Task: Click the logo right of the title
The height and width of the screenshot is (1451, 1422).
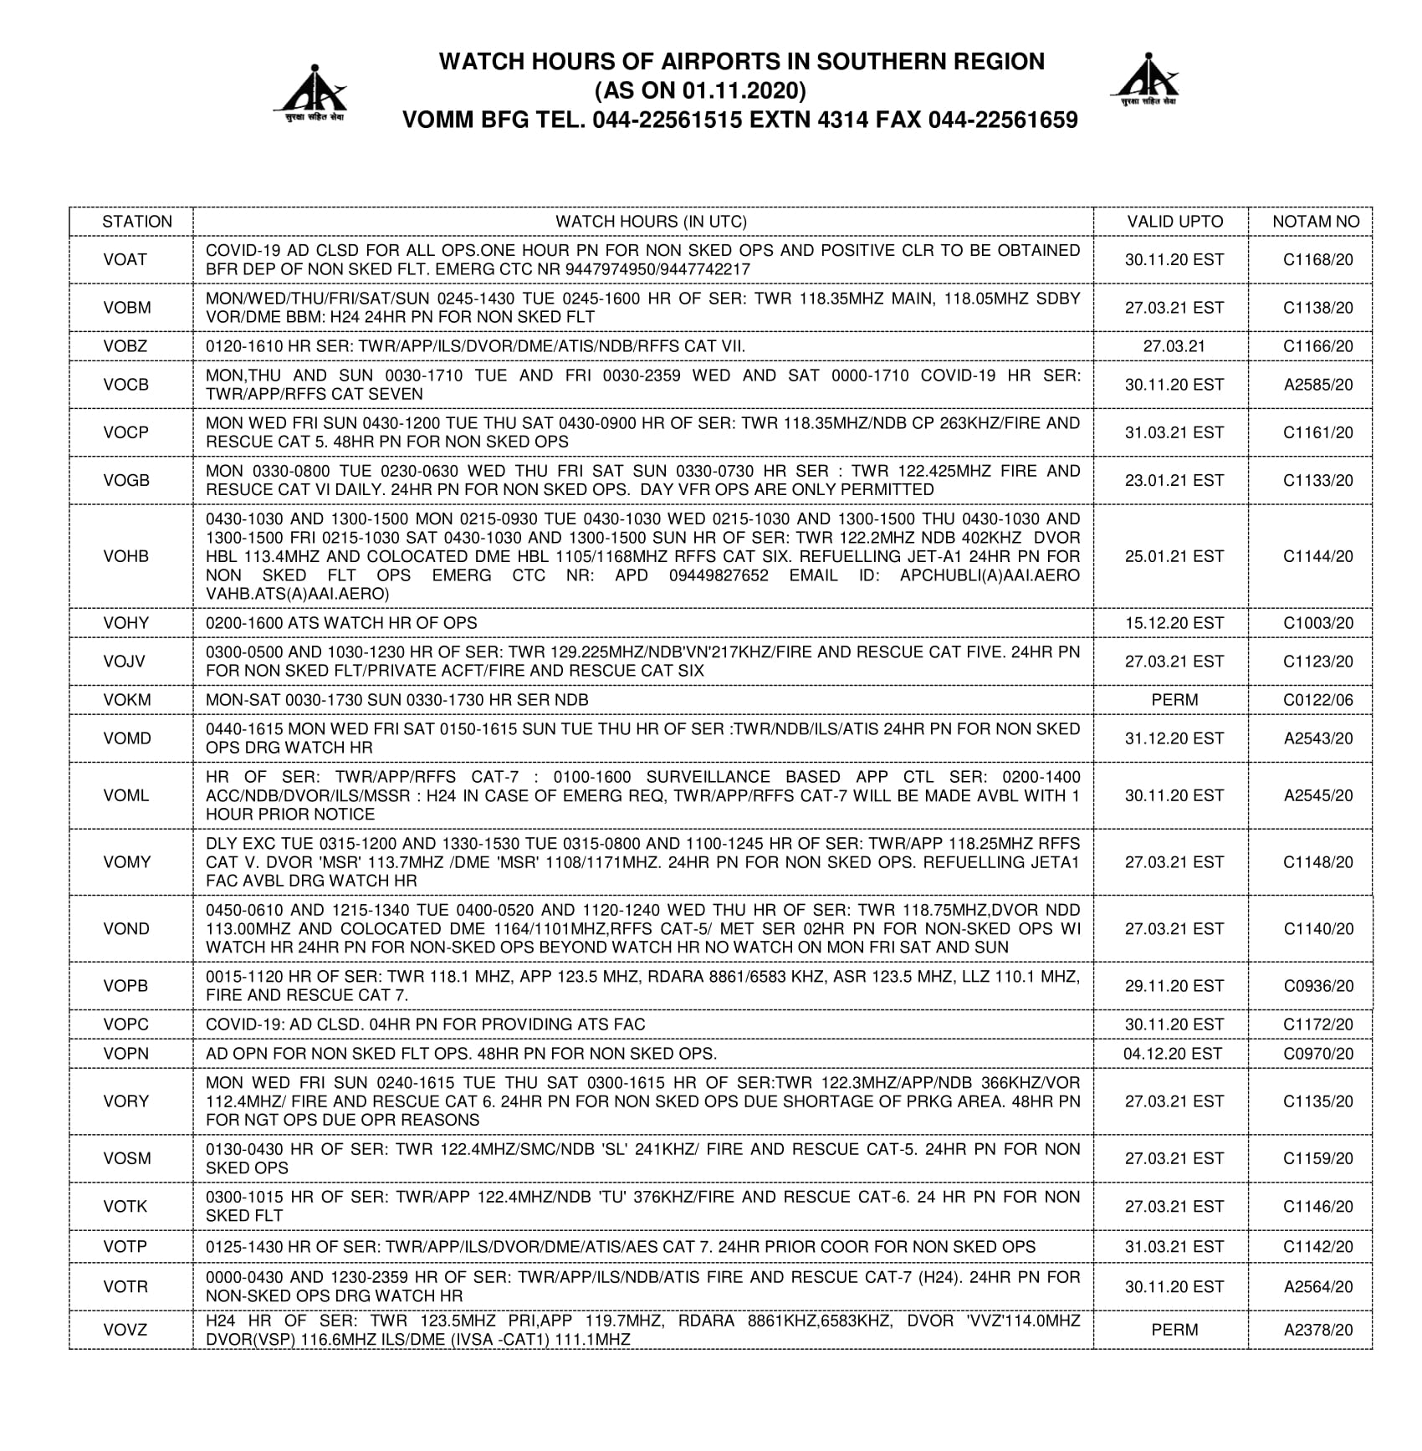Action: pos(1145,79)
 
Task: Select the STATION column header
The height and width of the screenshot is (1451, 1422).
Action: pos(137,222)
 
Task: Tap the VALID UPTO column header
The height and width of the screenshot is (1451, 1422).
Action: pos(1174,222)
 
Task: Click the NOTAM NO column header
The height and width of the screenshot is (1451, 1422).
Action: pos(1316,222)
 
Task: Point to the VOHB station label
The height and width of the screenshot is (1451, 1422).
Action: pos(126,556)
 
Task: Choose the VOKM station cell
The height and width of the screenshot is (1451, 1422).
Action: pos(126,700)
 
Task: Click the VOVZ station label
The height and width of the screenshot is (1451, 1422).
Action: pos(125,1330)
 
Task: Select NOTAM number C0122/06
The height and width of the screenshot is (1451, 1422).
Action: pos(1317,700)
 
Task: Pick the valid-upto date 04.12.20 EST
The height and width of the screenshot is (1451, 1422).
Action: pos(1173,1054)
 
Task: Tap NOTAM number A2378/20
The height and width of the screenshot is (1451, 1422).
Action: pos(1318,1330)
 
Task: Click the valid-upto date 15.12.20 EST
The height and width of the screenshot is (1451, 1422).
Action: pos(1174,623)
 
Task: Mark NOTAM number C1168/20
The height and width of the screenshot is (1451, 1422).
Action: pos(1317,260)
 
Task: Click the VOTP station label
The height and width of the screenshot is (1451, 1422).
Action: pos(125,1247)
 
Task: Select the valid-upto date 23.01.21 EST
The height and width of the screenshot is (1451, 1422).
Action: pos(1174,480)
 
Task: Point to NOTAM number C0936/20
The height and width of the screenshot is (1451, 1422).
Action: pos(1317,986)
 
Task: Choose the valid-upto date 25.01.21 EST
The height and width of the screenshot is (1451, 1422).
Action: pos(1174,556)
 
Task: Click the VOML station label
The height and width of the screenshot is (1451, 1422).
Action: pos(126,795)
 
